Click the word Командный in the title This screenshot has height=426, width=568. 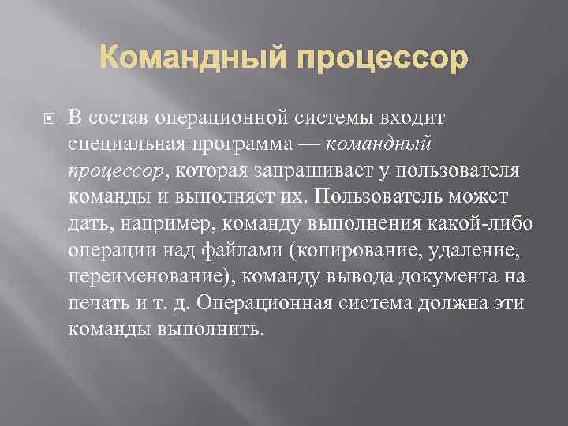pyautogui.click(x=192, y=59)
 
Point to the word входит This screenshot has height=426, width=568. pyautogui.click(x=414, y=118)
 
